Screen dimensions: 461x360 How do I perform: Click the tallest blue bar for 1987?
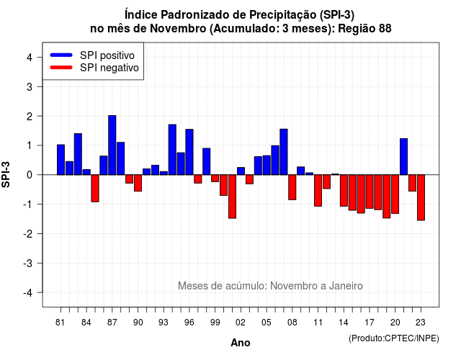112,145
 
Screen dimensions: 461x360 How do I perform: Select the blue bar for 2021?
403,157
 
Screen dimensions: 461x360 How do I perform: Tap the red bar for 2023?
421,197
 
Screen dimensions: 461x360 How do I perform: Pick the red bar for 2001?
232,197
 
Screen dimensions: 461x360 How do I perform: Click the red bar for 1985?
95,189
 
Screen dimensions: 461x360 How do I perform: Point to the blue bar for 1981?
61,160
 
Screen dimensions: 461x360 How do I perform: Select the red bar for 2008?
292,187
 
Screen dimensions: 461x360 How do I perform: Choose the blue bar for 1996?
189,152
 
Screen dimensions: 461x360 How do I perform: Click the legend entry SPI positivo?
107,55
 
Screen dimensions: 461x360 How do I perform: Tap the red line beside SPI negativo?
61,68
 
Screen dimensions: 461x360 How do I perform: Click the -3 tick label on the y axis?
28,263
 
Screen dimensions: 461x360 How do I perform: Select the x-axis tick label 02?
240,323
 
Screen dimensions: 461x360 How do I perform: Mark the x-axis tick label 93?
164,323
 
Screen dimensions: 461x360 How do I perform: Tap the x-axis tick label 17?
370,323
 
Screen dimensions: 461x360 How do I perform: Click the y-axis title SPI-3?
6,174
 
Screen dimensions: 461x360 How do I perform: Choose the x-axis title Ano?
241,343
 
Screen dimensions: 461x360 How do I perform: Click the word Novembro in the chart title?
178,29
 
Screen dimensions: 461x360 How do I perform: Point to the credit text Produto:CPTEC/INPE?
394,338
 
